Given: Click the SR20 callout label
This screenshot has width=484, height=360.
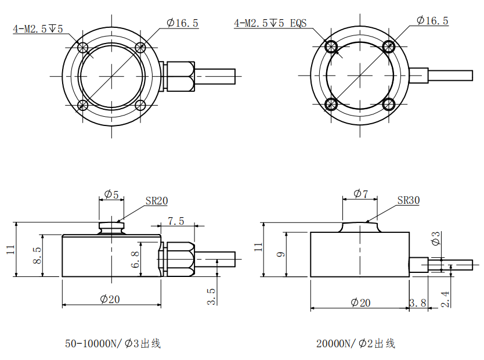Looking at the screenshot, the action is coord(157,201).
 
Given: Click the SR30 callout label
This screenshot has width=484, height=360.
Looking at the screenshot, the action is coord(409,200).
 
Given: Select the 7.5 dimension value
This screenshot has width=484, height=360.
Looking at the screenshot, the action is coord(176,221).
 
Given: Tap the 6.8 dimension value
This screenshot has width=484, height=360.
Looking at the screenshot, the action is coord(135,259).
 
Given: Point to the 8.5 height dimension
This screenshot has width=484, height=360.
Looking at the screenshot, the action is coord(37,255).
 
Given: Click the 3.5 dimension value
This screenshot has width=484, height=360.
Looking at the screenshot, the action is coord(211,296).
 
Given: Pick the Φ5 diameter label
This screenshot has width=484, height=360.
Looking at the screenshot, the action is coord(111,195).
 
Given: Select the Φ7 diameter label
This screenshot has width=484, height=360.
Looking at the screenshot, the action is coord(360,194).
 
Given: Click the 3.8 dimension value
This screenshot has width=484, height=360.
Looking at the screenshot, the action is coord(418,303).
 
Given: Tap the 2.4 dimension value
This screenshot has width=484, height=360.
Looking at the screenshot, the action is coord(445,299).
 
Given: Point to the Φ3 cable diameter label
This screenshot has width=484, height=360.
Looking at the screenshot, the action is coord(436,238).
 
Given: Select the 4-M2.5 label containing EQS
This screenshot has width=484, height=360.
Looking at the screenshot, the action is coord(270,23).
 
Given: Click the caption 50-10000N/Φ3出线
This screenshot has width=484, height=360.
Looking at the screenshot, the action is coord(113,343).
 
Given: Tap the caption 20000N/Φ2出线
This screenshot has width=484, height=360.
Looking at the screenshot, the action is coord(356,343).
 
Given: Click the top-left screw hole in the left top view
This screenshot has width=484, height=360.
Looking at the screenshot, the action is coord(83,48).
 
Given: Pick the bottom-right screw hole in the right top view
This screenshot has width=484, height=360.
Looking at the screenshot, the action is coord(389,104).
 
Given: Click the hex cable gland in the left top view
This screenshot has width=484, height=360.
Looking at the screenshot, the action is coord(180,76).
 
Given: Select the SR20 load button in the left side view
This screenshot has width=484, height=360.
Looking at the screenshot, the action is coord(111,228).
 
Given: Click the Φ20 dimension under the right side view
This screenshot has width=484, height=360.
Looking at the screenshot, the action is coord(360,303).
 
